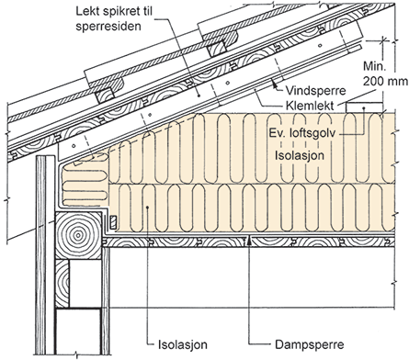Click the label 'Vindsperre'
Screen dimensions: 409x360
315,91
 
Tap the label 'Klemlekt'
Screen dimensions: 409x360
309,106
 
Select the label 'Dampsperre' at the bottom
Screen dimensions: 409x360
310,344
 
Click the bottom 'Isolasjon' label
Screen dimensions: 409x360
183,344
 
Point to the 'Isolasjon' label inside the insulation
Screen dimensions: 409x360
300,155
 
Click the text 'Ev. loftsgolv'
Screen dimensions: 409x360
302,133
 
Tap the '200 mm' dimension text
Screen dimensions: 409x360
385,82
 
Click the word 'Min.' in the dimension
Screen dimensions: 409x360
374,66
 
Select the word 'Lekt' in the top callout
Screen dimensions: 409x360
86,12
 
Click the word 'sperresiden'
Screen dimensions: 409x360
108,27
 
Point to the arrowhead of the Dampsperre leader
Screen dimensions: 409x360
250,242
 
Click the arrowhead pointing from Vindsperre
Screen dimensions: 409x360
274,82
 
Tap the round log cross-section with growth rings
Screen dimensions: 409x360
78,235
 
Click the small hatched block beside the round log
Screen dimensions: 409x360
113,222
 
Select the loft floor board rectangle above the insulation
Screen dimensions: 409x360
364,107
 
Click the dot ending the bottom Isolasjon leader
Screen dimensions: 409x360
147,208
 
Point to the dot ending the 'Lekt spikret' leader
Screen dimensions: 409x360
199,96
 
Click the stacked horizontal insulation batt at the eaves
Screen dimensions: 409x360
85,180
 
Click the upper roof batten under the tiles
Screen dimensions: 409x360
219,49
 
